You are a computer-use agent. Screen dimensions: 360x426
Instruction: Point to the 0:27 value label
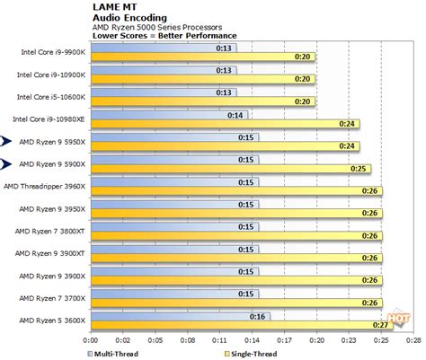383,325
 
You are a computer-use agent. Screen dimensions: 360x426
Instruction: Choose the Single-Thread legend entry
243,352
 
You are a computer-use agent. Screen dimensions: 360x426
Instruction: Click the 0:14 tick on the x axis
257,340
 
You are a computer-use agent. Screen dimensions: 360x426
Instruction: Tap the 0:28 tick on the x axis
413,340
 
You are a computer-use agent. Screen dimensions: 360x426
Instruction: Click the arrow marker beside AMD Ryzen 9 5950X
8,140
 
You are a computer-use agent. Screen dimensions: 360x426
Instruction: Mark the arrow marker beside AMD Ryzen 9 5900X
8,162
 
